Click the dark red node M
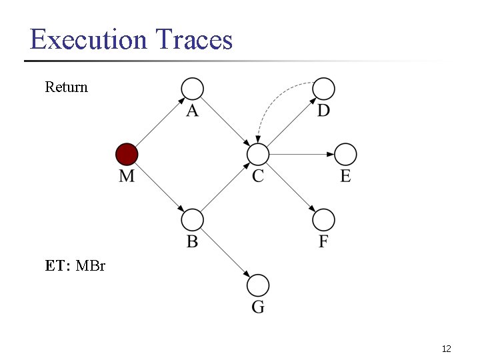point(127,155)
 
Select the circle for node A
point(192,88)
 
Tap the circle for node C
point(257,155)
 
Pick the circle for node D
point(323,88)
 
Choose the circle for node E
point(345,155)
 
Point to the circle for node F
point(323,220)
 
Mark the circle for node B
point(192,220)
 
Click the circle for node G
point(258,286)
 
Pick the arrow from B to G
point(225,253)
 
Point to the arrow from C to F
point(291,187)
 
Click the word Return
point(66,87)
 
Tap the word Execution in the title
point(88,39)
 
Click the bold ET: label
point(58,266)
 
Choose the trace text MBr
point(91,266)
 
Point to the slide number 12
point(447,349)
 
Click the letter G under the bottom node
point(258,307)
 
